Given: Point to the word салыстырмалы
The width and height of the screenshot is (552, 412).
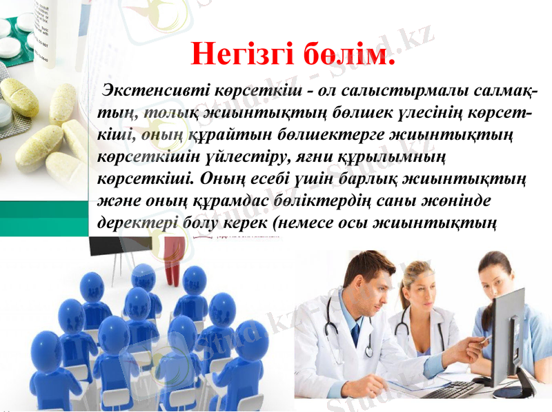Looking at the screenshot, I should click(x=408, y=92).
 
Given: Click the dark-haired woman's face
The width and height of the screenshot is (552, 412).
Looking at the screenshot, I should click(x=493, y=276).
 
